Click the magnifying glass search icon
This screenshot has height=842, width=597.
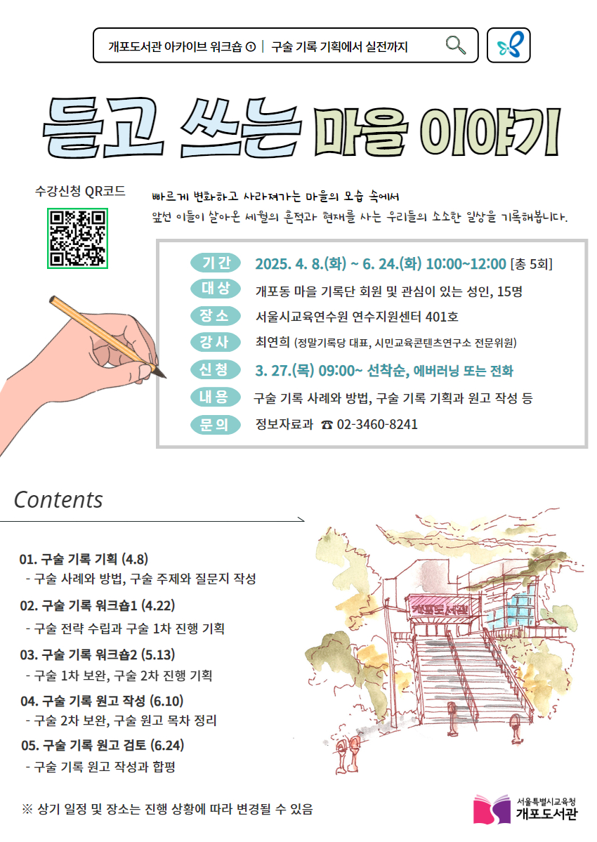(456, 45)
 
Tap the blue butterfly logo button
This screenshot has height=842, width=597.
(509, 46)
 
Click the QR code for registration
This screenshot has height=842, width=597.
(77, 239)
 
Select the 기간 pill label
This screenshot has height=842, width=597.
(216, 263)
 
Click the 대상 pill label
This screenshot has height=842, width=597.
(216, 289)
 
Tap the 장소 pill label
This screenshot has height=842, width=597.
(216, 315)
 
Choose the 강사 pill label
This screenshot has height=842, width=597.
(216, 342)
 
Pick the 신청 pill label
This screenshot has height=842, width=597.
(216, 369)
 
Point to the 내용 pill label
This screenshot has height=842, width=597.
(216, 397)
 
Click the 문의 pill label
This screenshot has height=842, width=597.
(216, 423)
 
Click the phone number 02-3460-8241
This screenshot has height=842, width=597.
(377, 424)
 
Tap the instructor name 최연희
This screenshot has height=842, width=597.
(273, 343)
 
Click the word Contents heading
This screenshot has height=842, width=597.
(58, 499)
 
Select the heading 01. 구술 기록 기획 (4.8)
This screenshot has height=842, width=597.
(84, 559)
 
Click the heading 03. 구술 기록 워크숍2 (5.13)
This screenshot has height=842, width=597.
(97, 655)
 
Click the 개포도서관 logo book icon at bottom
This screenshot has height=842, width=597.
(492, 809)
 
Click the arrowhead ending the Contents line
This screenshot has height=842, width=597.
(302, 521)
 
